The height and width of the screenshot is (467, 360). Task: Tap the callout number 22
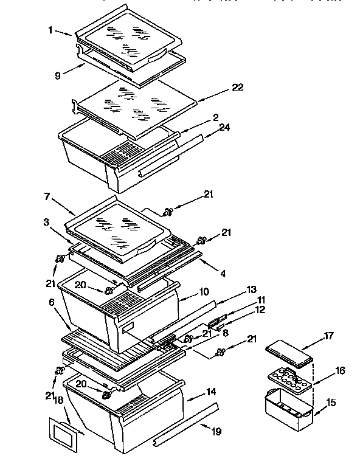point(237,88)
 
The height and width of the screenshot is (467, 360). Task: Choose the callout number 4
point(223,274)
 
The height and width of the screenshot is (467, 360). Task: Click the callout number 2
point(216,117)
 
